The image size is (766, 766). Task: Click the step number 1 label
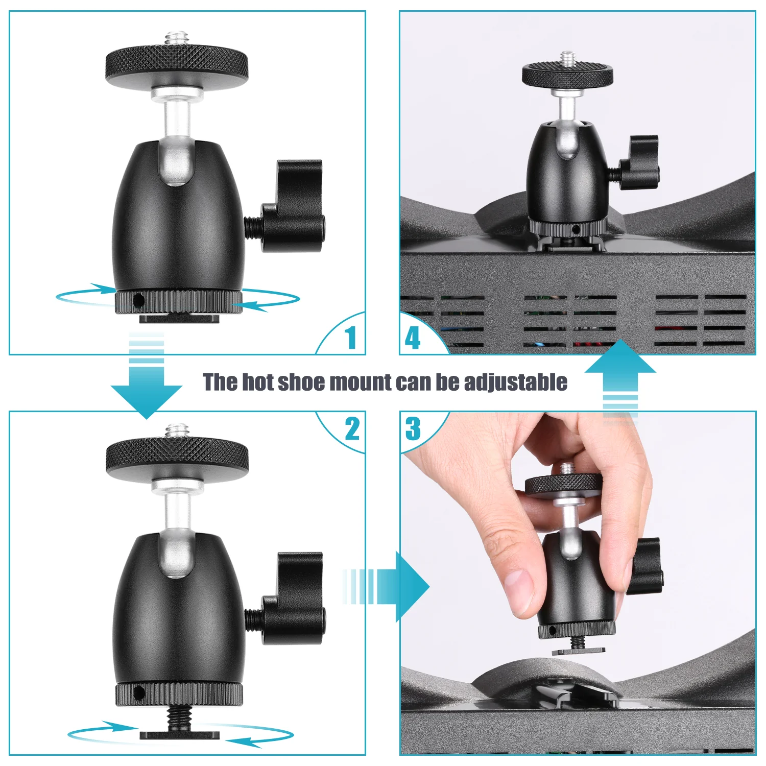350,338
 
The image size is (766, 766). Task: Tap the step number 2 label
352,429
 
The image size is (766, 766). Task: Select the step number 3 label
413,429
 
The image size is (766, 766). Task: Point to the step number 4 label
412,338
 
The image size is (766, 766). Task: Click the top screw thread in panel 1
177,39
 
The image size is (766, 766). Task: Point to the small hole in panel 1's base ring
137,302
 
